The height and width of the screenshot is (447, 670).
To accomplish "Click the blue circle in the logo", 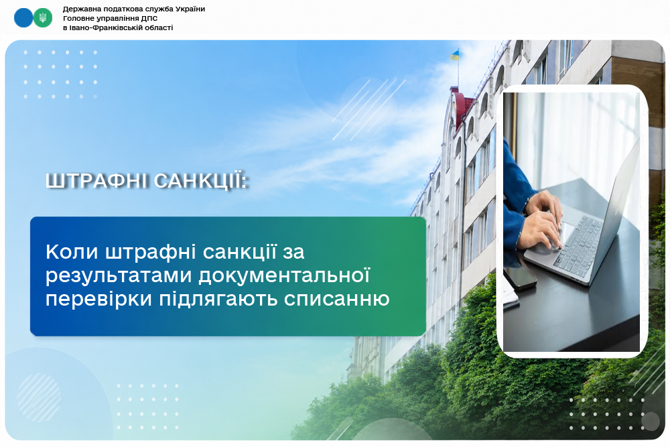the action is tap(23, 18).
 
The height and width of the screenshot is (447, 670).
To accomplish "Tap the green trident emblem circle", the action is tap(43, 18).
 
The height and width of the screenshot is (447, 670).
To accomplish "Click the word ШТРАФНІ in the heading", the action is tap(97, 181).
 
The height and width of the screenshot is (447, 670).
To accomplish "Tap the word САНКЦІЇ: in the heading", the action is tap(201, 181).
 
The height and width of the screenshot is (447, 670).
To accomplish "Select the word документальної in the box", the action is tap(284, 275).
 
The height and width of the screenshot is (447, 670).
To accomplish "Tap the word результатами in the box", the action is tap(119, 276).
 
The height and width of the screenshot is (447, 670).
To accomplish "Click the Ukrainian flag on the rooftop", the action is tap(455, 55).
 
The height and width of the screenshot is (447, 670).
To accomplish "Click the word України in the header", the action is tap(190, 9).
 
